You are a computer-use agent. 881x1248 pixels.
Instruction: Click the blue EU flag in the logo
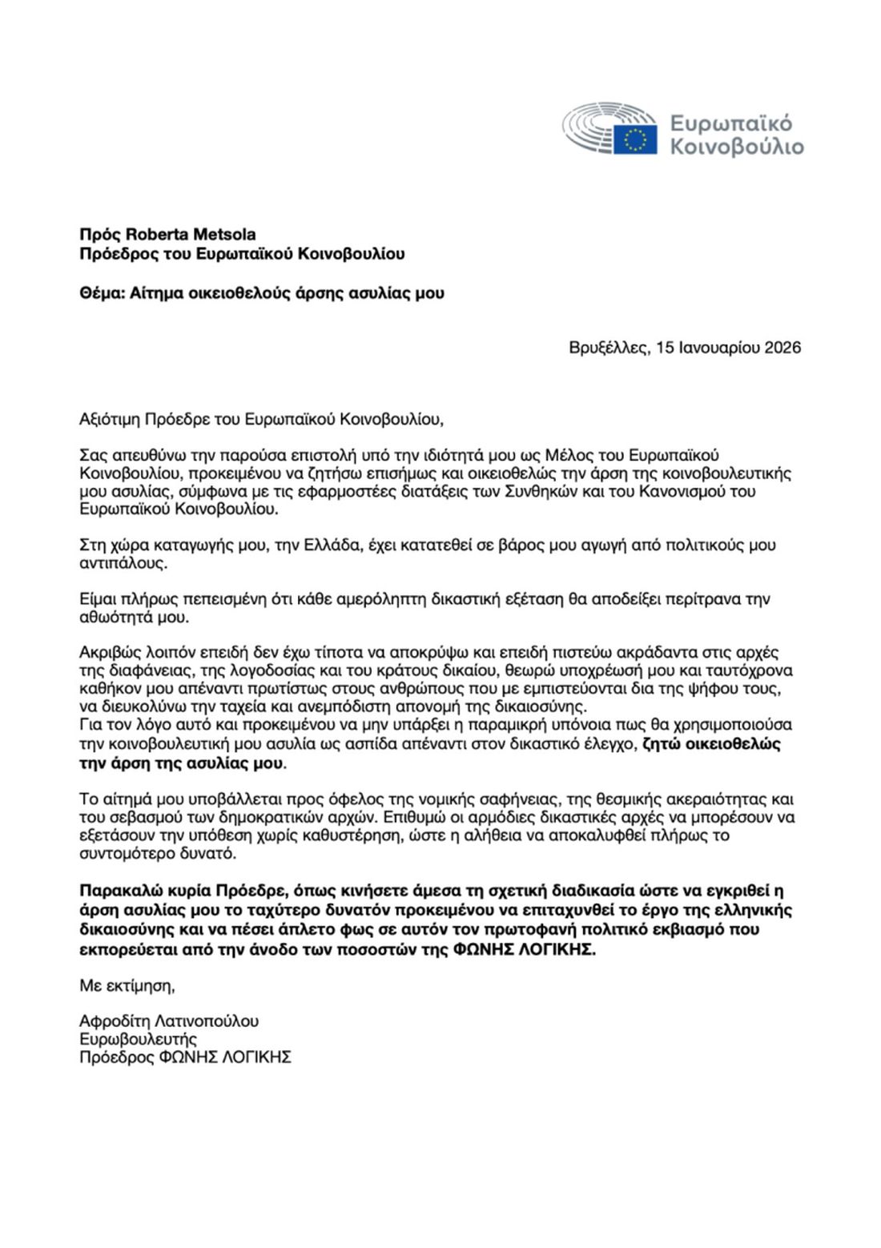point(635,139)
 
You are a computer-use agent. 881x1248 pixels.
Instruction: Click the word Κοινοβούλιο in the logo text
point(736,147)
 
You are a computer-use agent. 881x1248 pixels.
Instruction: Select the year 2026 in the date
point(782,348)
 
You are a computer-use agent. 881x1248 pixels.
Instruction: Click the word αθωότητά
point(122,618)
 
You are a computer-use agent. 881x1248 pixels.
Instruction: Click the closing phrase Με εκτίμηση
point(127,984)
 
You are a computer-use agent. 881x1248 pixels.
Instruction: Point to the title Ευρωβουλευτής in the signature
point(138,1039)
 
